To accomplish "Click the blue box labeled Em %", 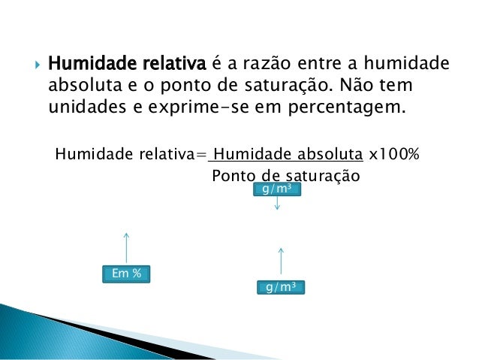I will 126,274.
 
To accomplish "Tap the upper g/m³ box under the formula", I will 277,189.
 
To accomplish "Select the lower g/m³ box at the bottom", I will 280,287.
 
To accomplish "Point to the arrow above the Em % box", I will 126,247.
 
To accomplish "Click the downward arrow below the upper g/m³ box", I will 277,204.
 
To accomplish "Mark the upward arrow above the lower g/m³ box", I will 280,260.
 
